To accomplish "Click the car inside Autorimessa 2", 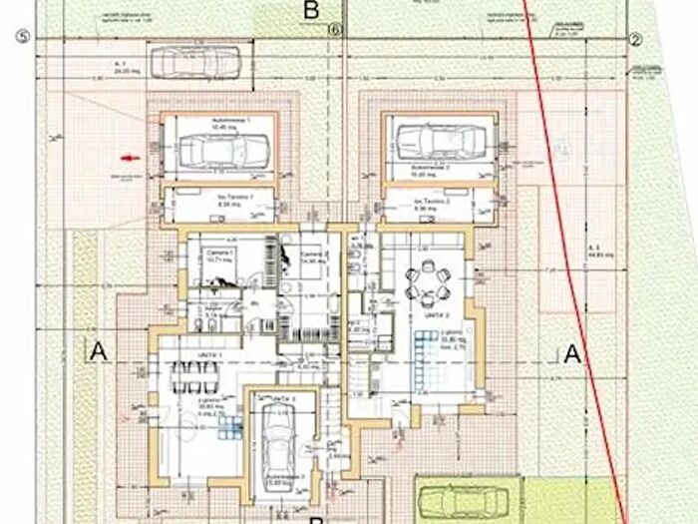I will click(438, 140).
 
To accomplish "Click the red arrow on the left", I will click(127, 157).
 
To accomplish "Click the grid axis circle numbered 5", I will click(18, 38).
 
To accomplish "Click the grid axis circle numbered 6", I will click(335, 31).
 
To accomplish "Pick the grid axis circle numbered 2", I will click(634, 39).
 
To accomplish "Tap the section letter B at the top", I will click(311, 11).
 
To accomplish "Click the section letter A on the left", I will click(97, 351).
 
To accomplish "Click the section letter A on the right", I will click(571, 352).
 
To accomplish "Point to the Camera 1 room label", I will click(219, 257).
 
